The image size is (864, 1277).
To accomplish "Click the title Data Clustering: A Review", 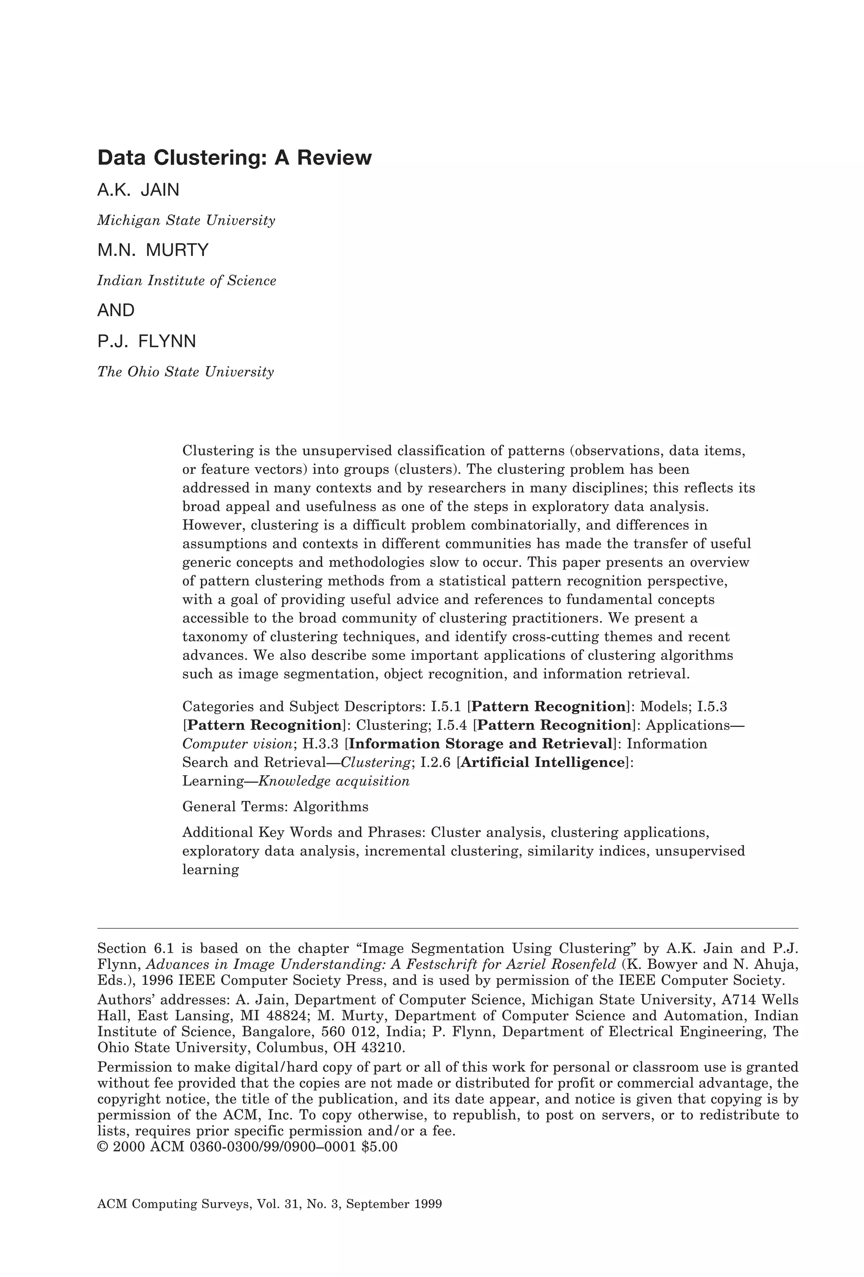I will coord(234,158).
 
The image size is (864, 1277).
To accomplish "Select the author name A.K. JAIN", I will coord(138,190).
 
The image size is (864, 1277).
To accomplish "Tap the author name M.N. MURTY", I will coord(153,251).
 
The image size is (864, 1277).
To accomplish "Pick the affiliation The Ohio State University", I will coord(185,372).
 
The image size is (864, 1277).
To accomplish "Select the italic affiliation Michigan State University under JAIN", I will coord(186,221).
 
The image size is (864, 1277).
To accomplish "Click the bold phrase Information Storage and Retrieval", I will coord(481,744).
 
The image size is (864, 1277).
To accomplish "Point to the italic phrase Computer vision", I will coord(237,744).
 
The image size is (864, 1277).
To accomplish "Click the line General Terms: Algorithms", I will coord(275,807).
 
